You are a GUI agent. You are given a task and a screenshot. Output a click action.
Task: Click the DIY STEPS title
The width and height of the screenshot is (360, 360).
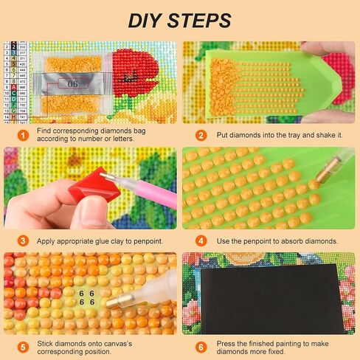click(x=179, y=20)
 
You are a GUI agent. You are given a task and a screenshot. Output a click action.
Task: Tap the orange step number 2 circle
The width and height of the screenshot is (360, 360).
click(x=201, y=136)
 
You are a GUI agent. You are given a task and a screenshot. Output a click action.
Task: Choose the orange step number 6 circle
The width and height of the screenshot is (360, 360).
click(x=201, y=347)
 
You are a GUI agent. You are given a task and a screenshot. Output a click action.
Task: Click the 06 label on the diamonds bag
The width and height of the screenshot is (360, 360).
click(x=72, y=83)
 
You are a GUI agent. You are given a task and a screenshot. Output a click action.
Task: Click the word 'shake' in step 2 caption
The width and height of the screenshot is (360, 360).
click(x=322, y=136)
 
